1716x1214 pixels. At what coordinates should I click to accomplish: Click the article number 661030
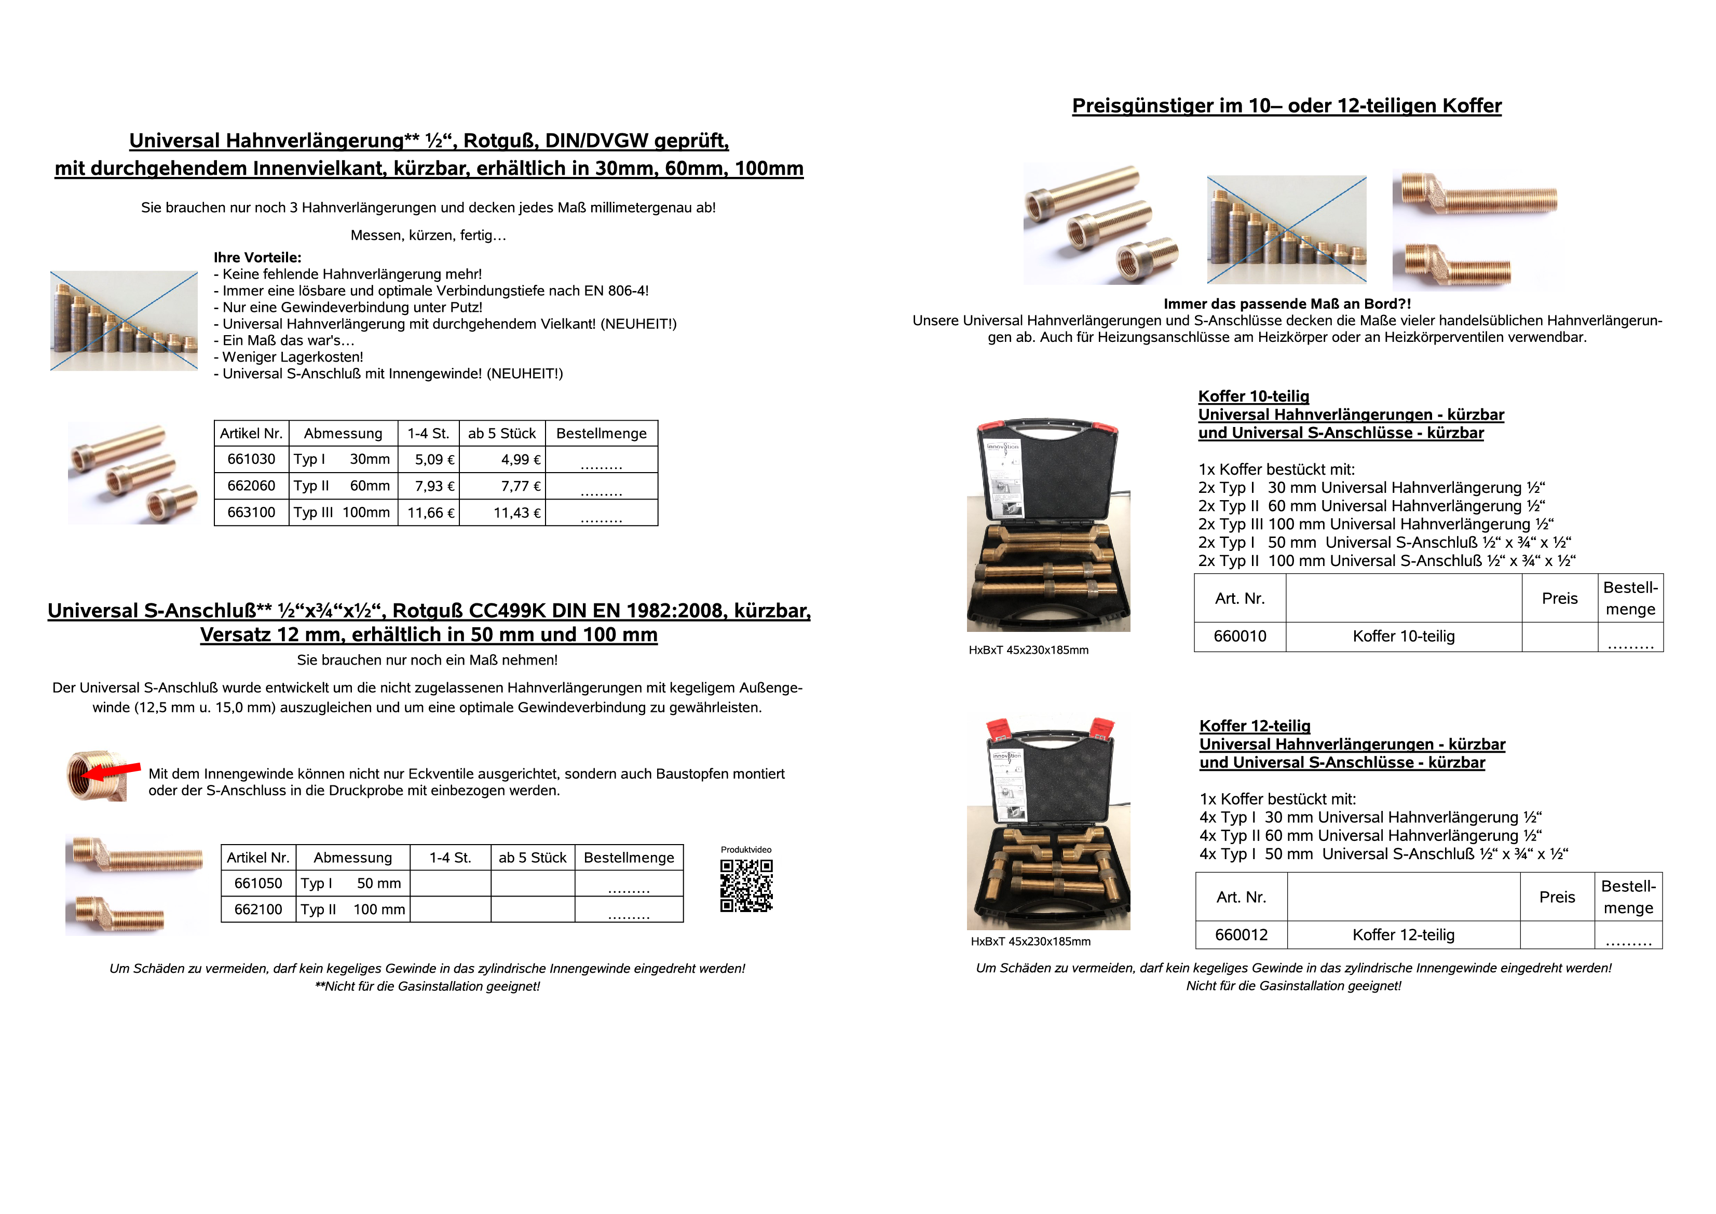point(251,459)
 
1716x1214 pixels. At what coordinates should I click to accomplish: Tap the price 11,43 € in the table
point(516,513)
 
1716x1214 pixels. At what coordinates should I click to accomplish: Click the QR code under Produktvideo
point(746,885)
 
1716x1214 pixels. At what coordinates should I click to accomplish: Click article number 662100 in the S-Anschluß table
point(258,909)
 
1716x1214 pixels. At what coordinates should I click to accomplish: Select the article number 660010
point(1240,636)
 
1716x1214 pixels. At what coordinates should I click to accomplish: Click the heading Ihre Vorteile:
point(257,257)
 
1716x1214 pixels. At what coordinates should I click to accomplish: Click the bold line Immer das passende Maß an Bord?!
point(1287,303)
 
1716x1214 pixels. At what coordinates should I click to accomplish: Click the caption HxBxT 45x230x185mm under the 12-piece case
point(1030,941)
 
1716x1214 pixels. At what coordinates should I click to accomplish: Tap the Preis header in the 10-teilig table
point(1559,598)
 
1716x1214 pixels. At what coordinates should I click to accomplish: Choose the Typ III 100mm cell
point(342,513)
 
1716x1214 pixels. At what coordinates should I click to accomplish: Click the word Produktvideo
point(745,849)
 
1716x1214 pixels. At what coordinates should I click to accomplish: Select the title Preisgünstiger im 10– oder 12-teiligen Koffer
point(1286,105)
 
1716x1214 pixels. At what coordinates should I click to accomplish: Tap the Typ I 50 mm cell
point(351,883)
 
